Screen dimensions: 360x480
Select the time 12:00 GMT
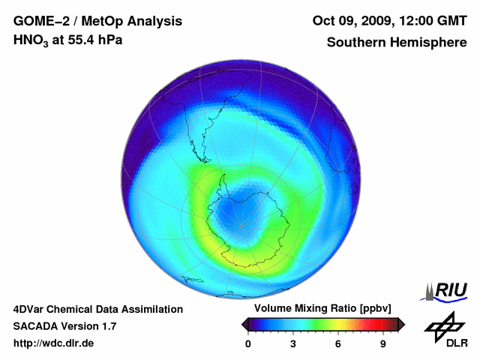(x=433, y=20)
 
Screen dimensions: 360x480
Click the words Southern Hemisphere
(x=397, y=42)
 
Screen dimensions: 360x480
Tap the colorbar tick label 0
(x=248, y=344)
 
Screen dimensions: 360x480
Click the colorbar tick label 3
(x=293, y=344)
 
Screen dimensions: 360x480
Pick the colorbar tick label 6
(x=338, y=344)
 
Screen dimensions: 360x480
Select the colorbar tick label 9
(x=383, y=344)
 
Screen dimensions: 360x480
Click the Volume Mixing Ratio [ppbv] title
(x=319, y=309)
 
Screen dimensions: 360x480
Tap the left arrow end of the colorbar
(x=244, y=324)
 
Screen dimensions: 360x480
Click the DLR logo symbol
(x=442, y=325)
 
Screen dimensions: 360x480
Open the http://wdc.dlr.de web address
(x=54, y=343)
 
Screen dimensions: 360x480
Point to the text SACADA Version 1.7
(x=64, y=326)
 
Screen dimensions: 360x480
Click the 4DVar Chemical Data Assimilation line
(x=97, y=309)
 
